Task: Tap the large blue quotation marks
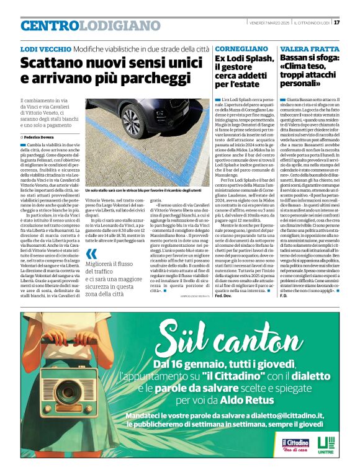(92, 254)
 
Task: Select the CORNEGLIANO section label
(242, 48)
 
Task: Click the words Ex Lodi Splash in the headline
(244, 59)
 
